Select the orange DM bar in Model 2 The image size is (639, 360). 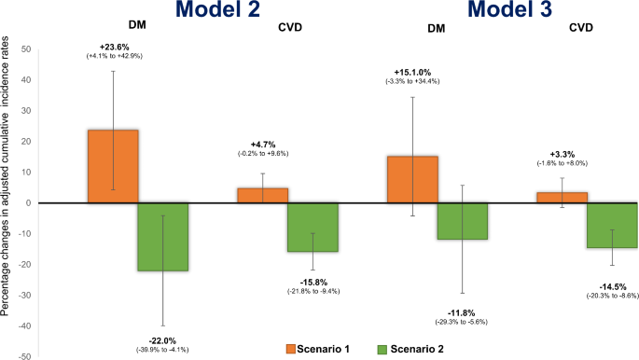pyautogui.click(x=113, y=166)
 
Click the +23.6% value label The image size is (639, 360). pyautogui.click(x=114, y=48)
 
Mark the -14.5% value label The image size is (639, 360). pyautogui.click(x=611, y=284)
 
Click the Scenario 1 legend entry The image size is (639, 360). pyautogui.click(x=318, y=349)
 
